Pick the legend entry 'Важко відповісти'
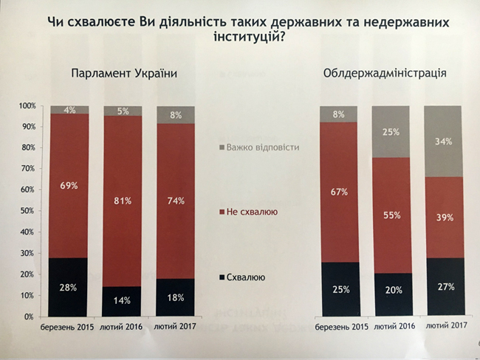pos(261,147)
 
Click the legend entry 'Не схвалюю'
pos(252,212)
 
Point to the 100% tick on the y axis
pos(27,106)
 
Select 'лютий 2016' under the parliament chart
pos(123,328)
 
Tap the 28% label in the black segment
pos(69,287)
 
